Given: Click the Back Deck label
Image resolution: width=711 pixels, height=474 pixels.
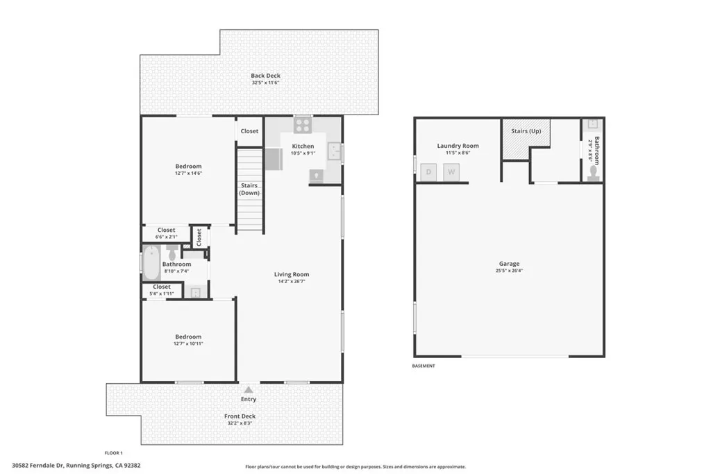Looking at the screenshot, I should pyautogui.click(x=265, y=76).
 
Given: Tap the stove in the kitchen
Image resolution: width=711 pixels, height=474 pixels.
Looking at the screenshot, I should pyautogui.click(x=303, y=125).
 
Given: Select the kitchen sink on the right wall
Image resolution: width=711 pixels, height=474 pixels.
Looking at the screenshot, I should pyautogui.click(x=335, y=151).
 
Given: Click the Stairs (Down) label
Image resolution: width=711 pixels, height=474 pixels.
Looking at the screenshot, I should pyautogui.click(x=249, y=189).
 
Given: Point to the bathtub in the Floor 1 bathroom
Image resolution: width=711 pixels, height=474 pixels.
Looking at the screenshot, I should pyautogui.click(x=151, y=263).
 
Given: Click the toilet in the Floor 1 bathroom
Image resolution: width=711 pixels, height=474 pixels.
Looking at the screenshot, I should pyautogui.click(x=173, y=253).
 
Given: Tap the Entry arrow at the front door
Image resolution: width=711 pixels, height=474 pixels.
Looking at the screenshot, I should pyautogui.click(x=249, y=390).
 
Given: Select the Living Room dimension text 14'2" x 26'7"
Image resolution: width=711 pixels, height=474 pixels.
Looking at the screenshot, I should pyautogui.click(x=291, y=282).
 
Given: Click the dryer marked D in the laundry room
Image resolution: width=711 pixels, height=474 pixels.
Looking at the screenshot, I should pyautogui.click(x=429, y=171).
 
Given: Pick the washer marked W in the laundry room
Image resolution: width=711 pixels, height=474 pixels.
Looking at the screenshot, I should pyautogui.click(x=451, y=171).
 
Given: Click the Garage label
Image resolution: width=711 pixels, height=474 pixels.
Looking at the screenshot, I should pyautogui.click(x=509, y=264).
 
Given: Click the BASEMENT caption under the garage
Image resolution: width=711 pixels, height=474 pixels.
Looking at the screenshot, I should pyautogui.click(x=424, y=366).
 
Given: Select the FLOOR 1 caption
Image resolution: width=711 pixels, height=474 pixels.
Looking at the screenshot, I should pyautogui.click(x=113, y=452).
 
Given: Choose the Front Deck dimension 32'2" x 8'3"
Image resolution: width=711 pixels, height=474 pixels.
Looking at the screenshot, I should pyautogui.click(x=240, y=423).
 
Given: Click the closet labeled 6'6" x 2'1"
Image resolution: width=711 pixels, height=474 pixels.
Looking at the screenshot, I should pyautogui.click(x=166, y=233).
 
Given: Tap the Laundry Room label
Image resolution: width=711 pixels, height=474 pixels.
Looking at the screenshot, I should pyautogui.click(x=458, y=146).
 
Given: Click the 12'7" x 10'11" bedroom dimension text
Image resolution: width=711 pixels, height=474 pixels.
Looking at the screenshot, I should pyautogui.click(x=188, y=344).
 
